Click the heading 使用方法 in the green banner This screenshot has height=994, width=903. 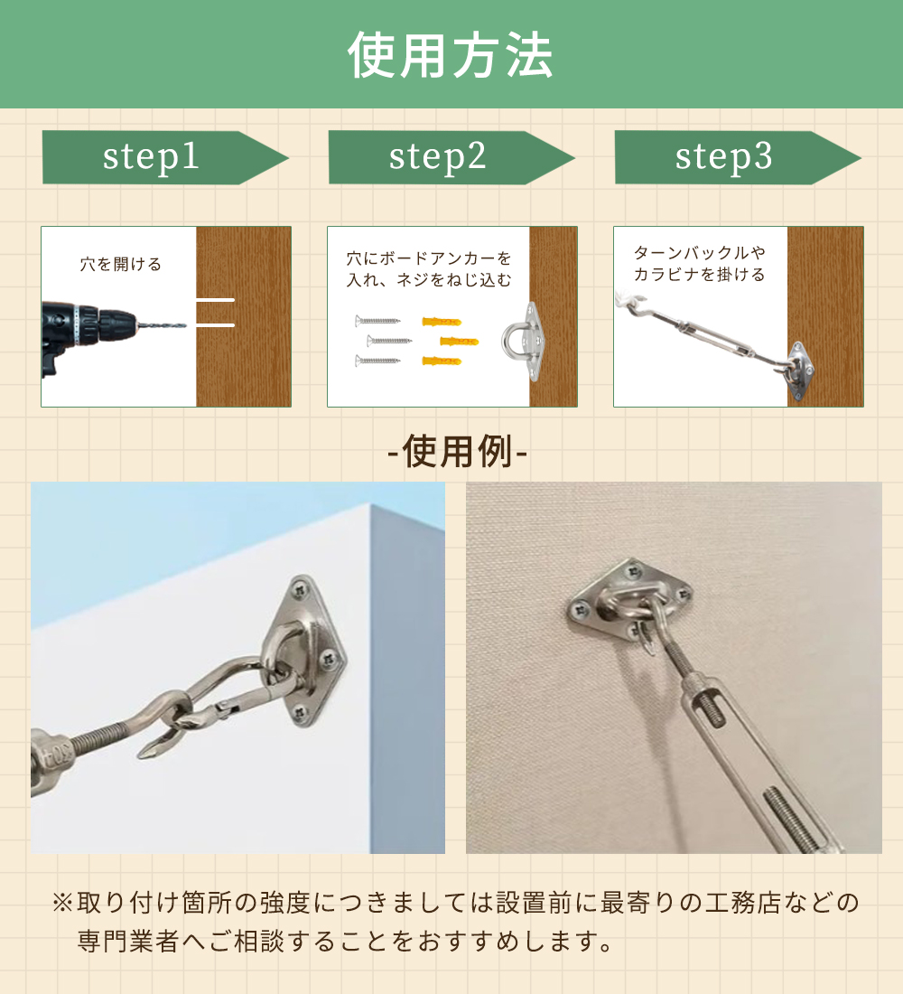[x=451, y=56]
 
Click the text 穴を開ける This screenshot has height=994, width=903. [x=120, y=264]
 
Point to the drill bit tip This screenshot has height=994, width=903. [x=184, y=326]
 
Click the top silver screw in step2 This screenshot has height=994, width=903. [x=377, y=321]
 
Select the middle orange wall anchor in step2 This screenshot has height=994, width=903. [x=459, y=342]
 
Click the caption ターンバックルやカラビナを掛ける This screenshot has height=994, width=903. [x=700, y=263]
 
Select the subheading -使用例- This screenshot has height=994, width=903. [x=457, y=451]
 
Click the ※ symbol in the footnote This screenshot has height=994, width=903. [x=62, y=902]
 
